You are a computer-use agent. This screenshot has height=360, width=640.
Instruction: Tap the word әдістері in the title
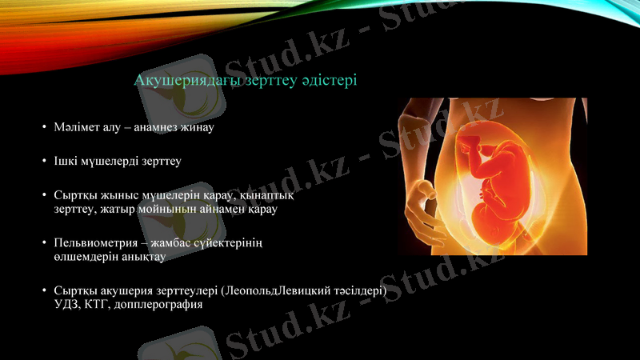click(327, 81)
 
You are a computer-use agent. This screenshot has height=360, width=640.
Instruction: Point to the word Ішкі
click(66, 161)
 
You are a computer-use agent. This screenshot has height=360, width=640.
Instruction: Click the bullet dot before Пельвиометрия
click(45, 243)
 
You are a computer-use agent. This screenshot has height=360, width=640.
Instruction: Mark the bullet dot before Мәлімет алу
click(45, 128)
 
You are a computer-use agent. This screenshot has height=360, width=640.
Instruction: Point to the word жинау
click(201, 127)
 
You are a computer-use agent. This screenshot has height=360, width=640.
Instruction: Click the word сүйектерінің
click(231, 243)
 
